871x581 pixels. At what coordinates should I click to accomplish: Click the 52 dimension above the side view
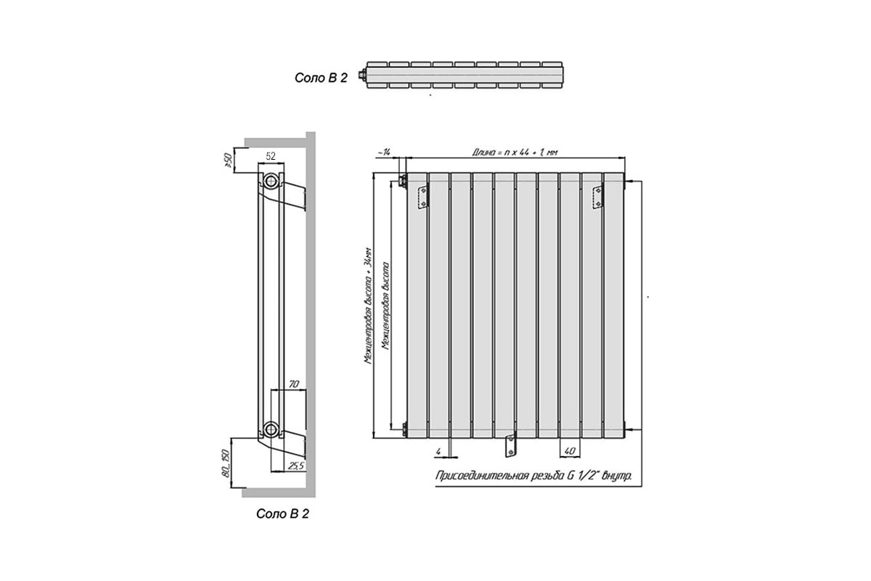coord(270,156)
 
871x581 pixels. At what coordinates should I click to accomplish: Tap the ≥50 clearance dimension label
coord(229,161)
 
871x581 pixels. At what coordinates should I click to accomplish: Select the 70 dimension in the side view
coord(293,384)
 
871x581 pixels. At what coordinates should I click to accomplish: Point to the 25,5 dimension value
coord(295,465)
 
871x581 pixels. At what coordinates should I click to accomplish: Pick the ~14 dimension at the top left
coord(384,152)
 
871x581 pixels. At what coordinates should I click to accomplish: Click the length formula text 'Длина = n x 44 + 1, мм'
coord(515,152)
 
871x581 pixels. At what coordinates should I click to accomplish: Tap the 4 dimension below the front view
coord(438,452)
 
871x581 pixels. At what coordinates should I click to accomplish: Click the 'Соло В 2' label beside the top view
coord(321,78)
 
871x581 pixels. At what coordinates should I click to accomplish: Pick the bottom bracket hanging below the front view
coord(510,444)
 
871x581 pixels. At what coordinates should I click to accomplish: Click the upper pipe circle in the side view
coord(271,181)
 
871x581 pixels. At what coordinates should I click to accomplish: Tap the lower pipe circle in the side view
coord(271,428)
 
